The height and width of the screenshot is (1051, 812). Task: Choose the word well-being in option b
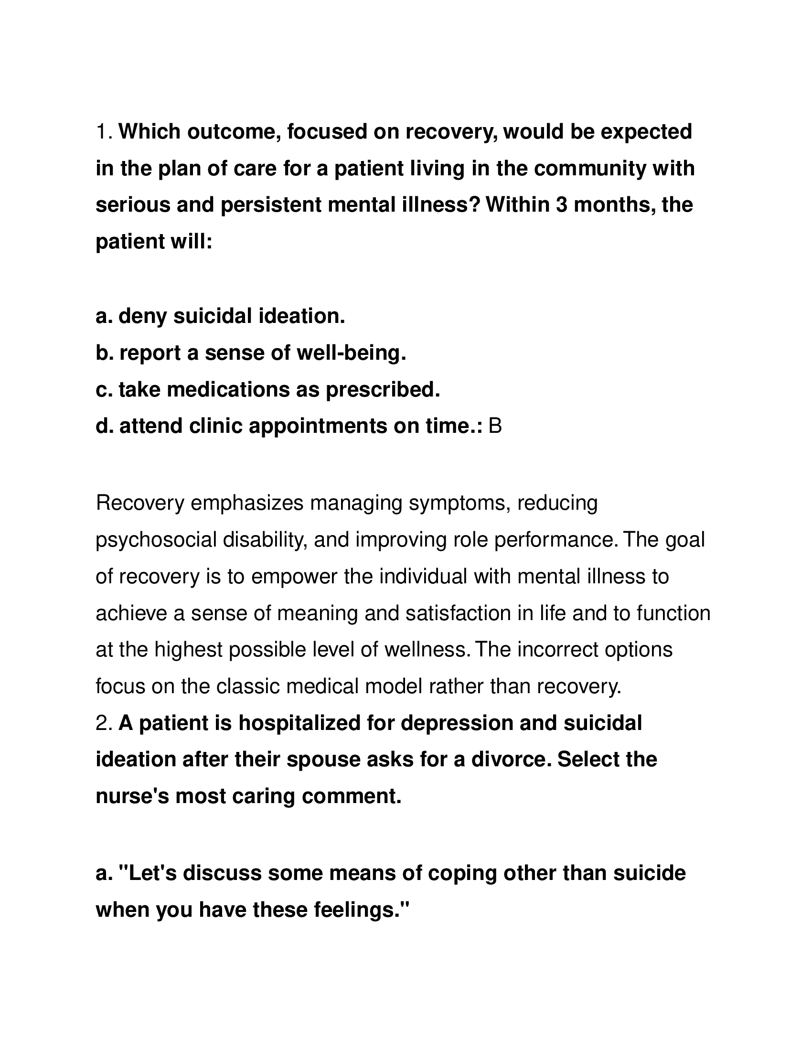pyautogui.click(x=351, y=353)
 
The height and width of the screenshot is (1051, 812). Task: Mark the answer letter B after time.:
pyautogui.click(x=495, y=426)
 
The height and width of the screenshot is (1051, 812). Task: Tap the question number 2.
pyautogui.click(x=104, y=723)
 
